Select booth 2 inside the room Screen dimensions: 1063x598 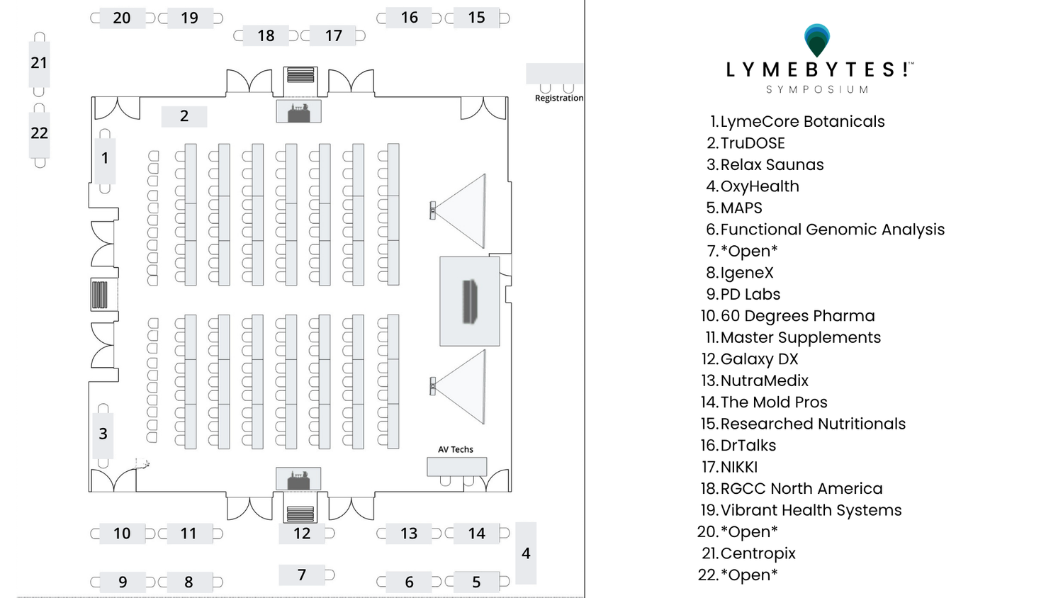pyautogui.click(x=184, y=116)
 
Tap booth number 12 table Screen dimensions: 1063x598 pyautogui.click(x=302, y=534)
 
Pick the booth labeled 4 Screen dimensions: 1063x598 pyautogui.click(x=526, y=553)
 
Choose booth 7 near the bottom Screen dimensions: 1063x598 pyautogui.click(x=302, y=575)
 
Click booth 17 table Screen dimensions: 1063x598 pyautogui.click(x=332, y=35)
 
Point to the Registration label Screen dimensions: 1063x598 pyautogui.click(x=559, y=98)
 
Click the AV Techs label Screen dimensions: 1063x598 pyautogui.click(x=456, y=449)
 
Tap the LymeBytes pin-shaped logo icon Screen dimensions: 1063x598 pyautogui.click(x=816, y=40)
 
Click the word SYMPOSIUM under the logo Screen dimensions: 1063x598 pyautogui.click(x=817, y=90)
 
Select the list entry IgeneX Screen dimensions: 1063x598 pyautogui.click(x=747, y=273)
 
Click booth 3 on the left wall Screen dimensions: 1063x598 pyautogui.click(x=103, y=434)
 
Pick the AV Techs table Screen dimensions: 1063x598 pyautogui.click(x=456, y=466)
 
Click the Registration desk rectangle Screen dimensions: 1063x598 pyautogui.click(x=554, y=74)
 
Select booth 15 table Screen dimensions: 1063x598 pyautogui.click(x=476, y=18)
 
